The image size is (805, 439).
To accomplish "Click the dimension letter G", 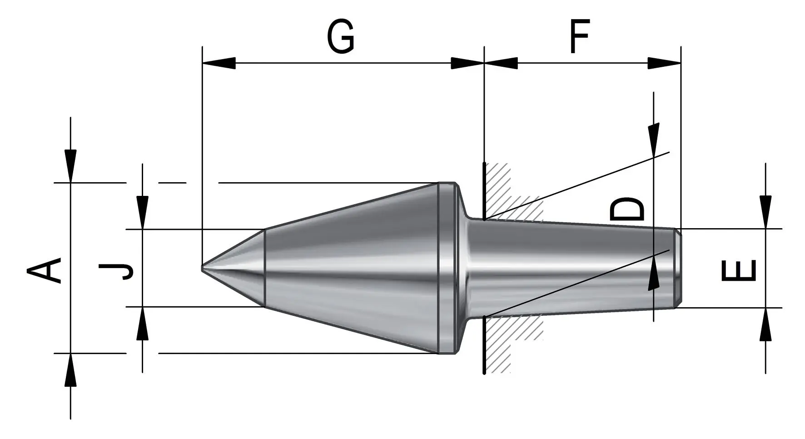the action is tap(341, 37).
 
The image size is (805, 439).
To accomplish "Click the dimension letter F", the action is tap(579, 36).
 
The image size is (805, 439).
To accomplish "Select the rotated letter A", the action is tap(44, 270).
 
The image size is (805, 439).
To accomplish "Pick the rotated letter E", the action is tap(738, 270).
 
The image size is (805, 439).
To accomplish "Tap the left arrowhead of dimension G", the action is tap(219, 63).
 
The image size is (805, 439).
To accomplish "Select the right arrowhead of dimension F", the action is tap(664, 63).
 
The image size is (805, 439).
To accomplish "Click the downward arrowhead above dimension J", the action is tap(143, 212).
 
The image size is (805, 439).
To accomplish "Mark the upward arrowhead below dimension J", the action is tap(143, 323).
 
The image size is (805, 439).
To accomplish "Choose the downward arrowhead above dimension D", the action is tap(654, 140).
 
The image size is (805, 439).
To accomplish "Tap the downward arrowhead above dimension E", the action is tap(765, 212).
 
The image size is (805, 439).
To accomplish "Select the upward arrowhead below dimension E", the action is tap(765, 324).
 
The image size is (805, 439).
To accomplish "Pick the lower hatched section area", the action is tap(509, 343).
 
